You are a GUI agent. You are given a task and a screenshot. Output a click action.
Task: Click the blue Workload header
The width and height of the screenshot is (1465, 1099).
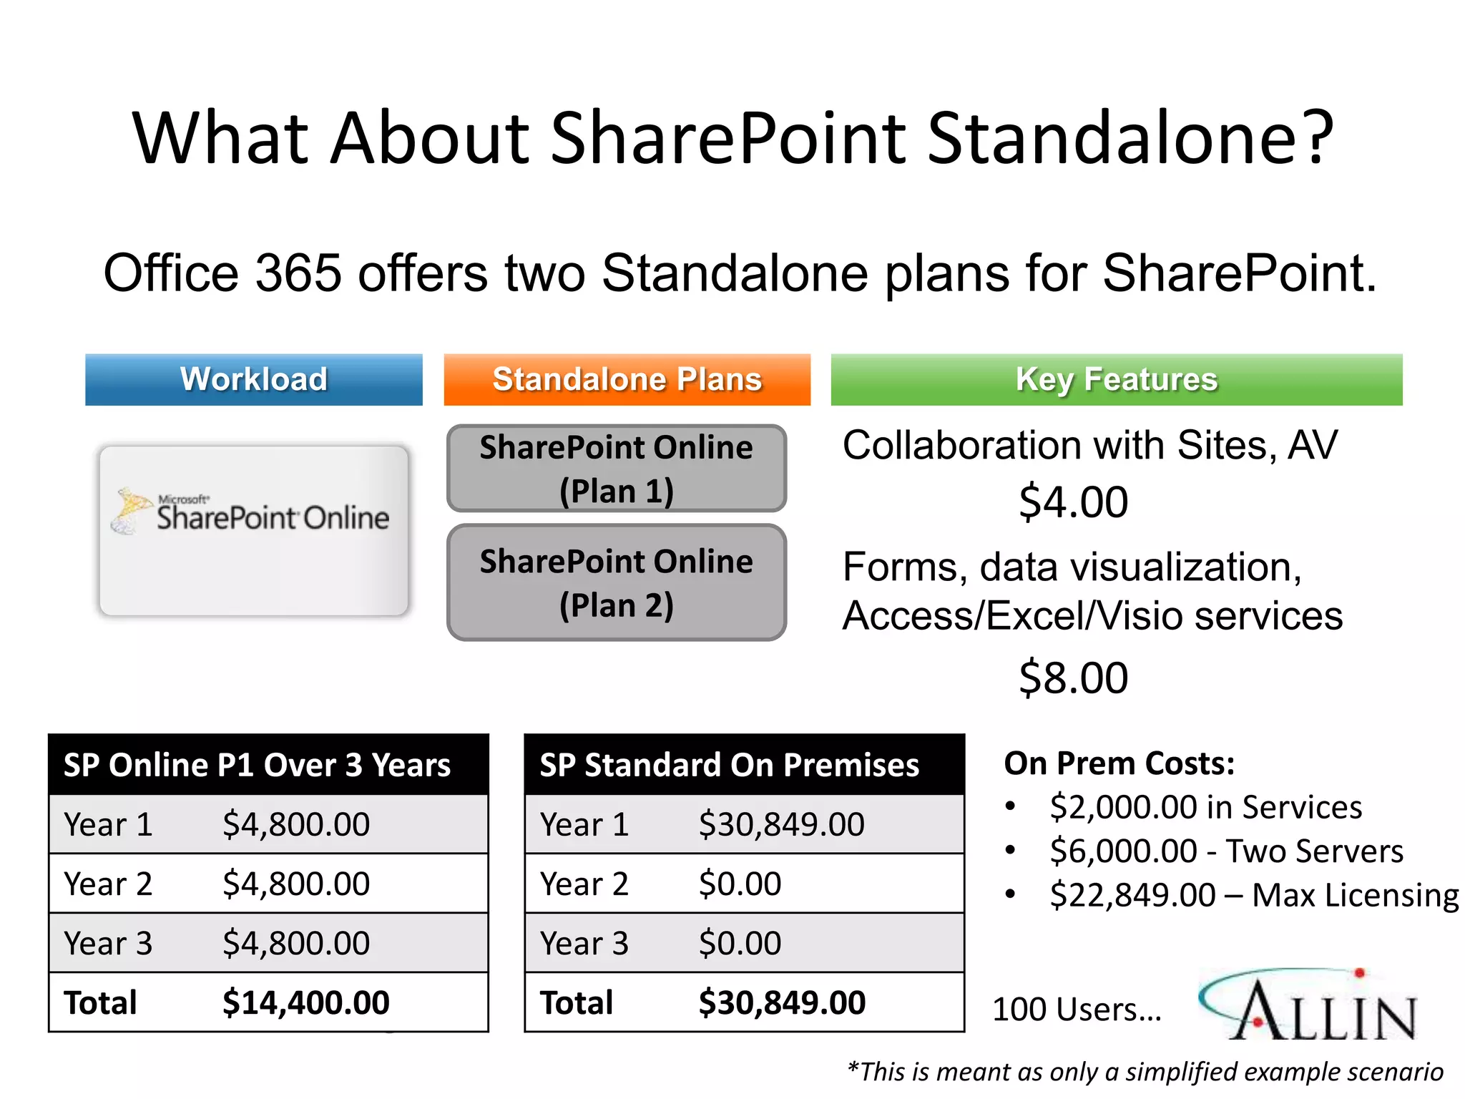click(x=253, y=379)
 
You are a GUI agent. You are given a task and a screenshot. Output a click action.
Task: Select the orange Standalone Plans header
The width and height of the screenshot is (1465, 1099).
click(x=627, y=379)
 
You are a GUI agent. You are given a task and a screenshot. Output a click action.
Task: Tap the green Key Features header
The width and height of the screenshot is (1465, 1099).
click(x=1116, y=379)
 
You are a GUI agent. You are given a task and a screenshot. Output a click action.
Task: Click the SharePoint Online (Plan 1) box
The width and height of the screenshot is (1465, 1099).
click(x=616, y=469)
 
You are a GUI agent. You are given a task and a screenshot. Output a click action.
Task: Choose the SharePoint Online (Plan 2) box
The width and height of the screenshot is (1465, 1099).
click(x=616, y=582)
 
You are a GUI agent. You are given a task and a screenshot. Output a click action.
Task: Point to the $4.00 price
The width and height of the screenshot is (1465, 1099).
click(x=1073, y=502)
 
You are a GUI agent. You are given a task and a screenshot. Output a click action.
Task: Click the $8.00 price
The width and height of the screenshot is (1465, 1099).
click(x=1073, y=678)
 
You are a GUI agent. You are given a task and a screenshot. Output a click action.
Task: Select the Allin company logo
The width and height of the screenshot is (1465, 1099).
click(x=1309, y=1005)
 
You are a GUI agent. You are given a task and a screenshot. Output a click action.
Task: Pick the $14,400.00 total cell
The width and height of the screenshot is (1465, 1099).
click(x=305, y=1002)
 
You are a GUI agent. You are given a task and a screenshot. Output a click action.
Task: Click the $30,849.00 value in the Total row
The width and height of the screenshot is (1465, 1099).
click(x=782, y=1002)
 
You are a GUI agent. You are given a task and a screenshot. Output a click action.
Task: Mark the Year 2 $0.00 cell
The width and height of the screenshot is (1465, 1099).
click(x=740, y=884)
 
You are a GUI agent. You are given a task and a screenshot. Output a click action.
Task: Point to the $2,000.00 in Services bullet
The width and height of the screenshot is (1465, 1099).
click(x=1205, y=807)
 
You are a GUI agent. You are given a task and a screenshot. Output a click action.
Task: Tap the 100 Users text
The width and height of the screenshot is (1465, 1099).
click(x=1076, y=1010)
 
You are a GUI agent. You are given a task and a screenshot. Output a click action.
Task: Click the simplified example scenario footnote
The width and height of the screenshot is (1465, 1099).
click(x=1145, y=1072)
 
